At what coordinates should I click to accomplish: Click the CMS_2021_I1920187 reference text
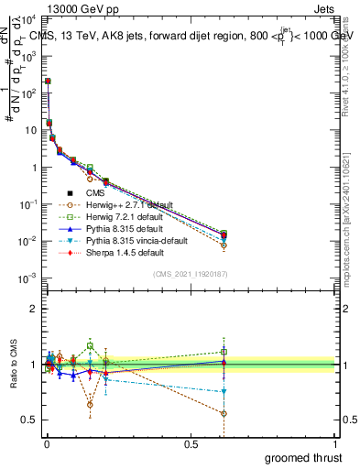pos(190,275)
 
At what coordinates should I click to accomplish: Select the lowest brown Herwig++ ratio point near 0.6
pos(224,413)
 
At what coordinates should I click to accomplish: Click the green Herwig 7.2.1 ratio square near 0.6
pos(224,352)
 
